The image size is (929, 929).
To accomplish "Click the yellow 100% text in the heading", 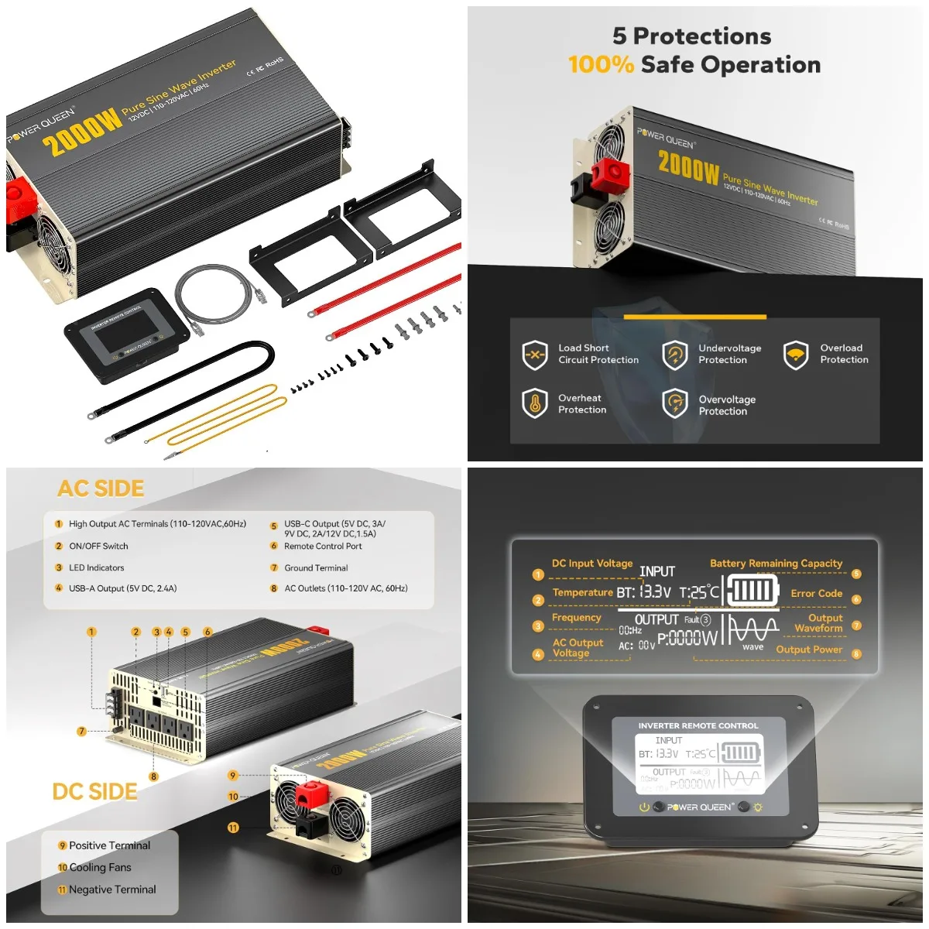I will pos(601,65).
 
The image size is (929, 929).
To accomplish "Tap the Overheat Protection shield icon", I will pos(535,403).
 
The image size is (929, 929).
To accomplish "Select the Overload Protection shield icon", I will pos(796,355).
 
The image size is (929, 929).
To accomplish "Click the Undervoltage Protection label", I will pos(729,354).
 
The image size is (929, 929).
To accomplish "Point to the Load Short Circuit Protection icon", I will pos(535,355).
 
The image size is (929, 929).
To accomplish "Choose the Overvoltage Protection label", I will pos(726,405).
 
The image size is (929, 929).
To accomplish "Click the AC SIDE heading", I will pos(101,488).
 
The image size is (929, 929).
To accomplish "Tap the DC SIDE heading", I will pos(94,791).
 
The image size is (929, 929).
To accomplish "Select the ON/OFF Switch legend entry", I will pos(98,546).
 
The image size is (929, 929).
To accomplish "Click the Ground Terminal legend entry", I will pos(316,567).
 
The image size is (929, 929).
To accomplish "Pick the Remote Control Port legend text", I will pos(323,546).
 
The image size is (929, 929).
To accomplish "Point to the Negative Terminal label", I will pos(112,890).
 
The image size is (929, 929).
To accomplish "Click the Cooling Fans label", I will pos(100,868).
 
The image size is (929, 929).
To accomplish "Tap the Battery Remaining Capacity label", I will pos(776,564).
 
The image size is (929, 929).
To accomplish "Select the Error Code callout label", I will pos(816,593).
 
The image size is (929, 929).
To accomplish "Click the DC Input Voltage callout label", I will pos(591,564).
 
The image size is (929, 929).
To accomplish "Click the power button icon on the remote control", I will pos(644,807).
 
